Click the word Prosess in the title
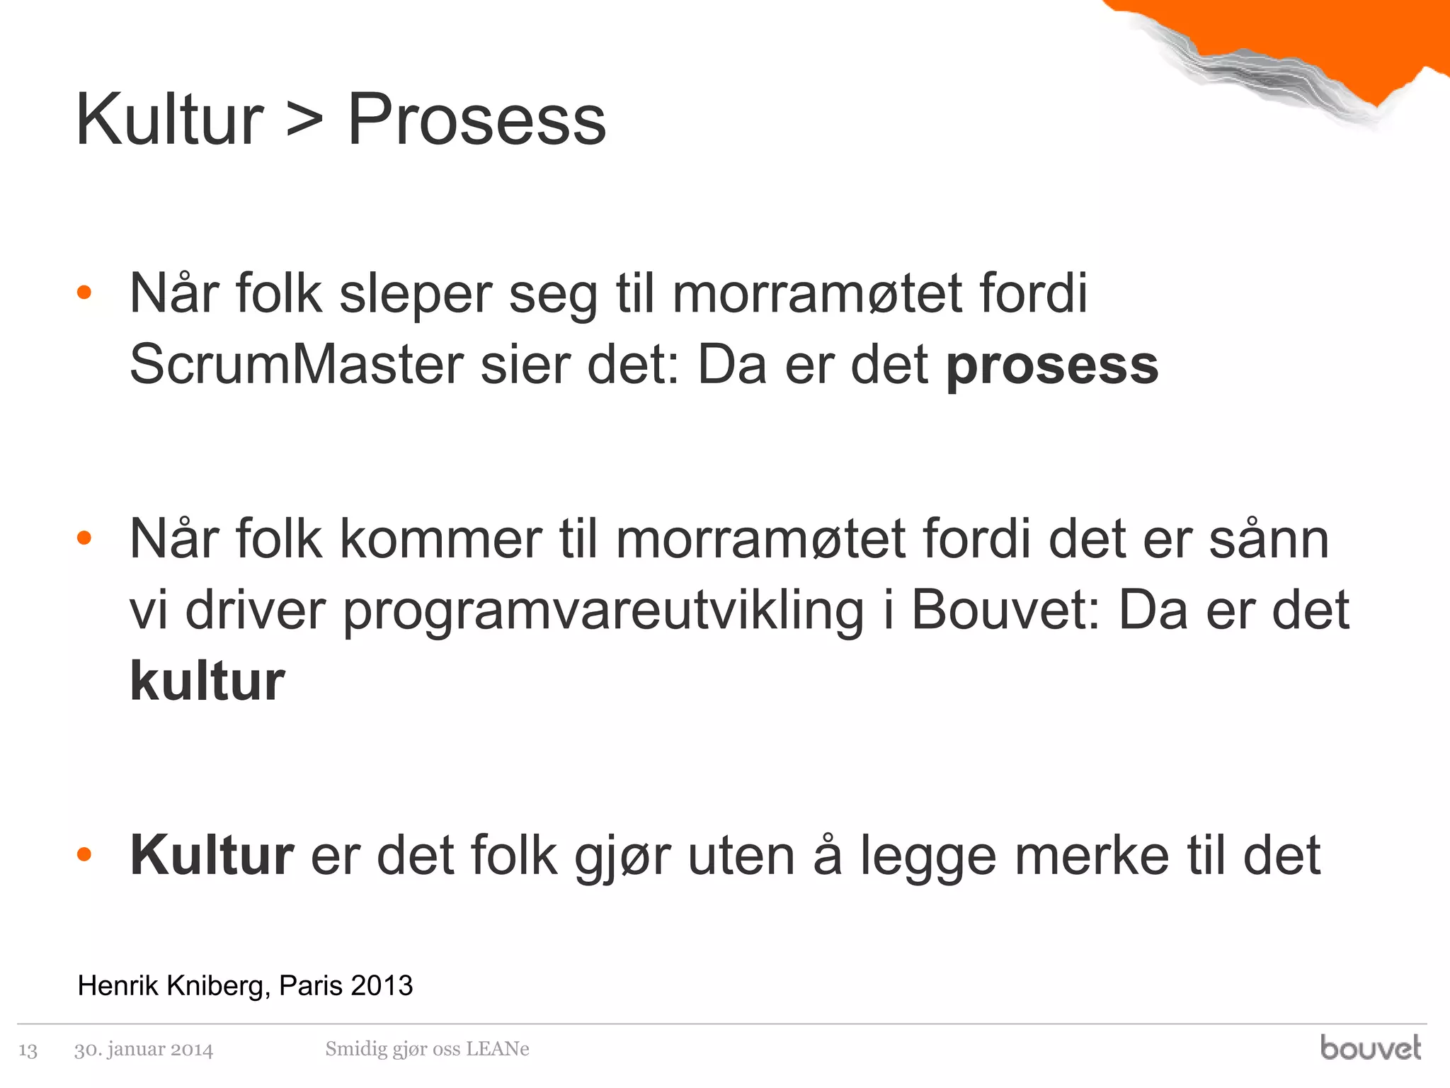(476, 120)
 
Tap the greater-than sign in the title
(305, 120)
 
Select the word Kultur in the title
(170, 120)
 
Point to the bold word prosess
(1052, 367)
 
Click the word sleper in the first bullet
(416, 294)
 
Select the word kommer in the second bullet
(440, 540)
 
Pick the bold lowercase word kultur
(207, 681)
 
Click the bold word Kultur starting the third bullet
(212, 856)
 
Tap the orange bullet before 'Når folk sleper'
(84, 293)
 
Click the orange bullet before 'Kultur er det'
(84, 855)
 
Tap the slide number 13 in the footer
(28, 1050)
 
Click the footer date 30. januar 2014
(144, 1049)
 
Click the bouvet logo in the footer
(1370, 1048)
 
